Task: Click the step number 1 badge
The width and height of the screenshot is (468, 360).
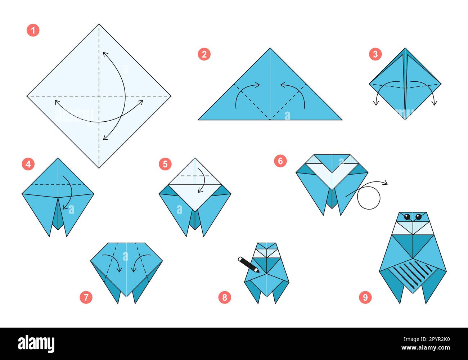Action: [33, 30]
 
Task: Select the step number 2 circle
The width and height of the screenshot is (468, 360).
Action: [204, 54]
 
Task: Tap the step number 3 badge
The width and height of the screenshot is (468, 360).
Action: [375, 54]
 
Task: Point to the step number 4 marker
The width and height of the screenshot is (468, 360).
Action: [28, 164]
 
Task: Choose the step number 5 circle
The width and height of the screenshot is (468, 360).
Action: [165, 164]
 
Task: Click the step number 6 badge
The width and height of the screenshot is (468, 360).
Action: [280, 161]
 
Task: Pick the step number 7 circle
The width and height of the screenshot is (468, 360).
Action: [86, 297]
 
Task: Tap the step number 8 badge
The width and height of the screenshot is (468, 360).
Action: [225, 297]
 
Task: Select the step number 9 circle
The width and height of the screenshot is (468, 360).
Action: [365, 297]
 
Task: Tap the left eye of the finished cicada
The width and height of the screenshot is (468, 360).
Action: [407, 217]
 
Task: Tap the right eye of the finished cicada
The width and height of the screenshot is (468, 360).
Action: [418, 217]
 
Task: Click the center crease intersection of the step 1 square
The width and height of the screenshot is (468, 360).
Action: [99, 96]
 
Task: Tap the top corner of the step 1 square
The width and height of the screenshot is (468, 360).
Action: [99, 24]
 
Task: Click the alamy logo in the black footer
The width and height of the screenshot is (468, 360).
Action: [36, 344]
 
